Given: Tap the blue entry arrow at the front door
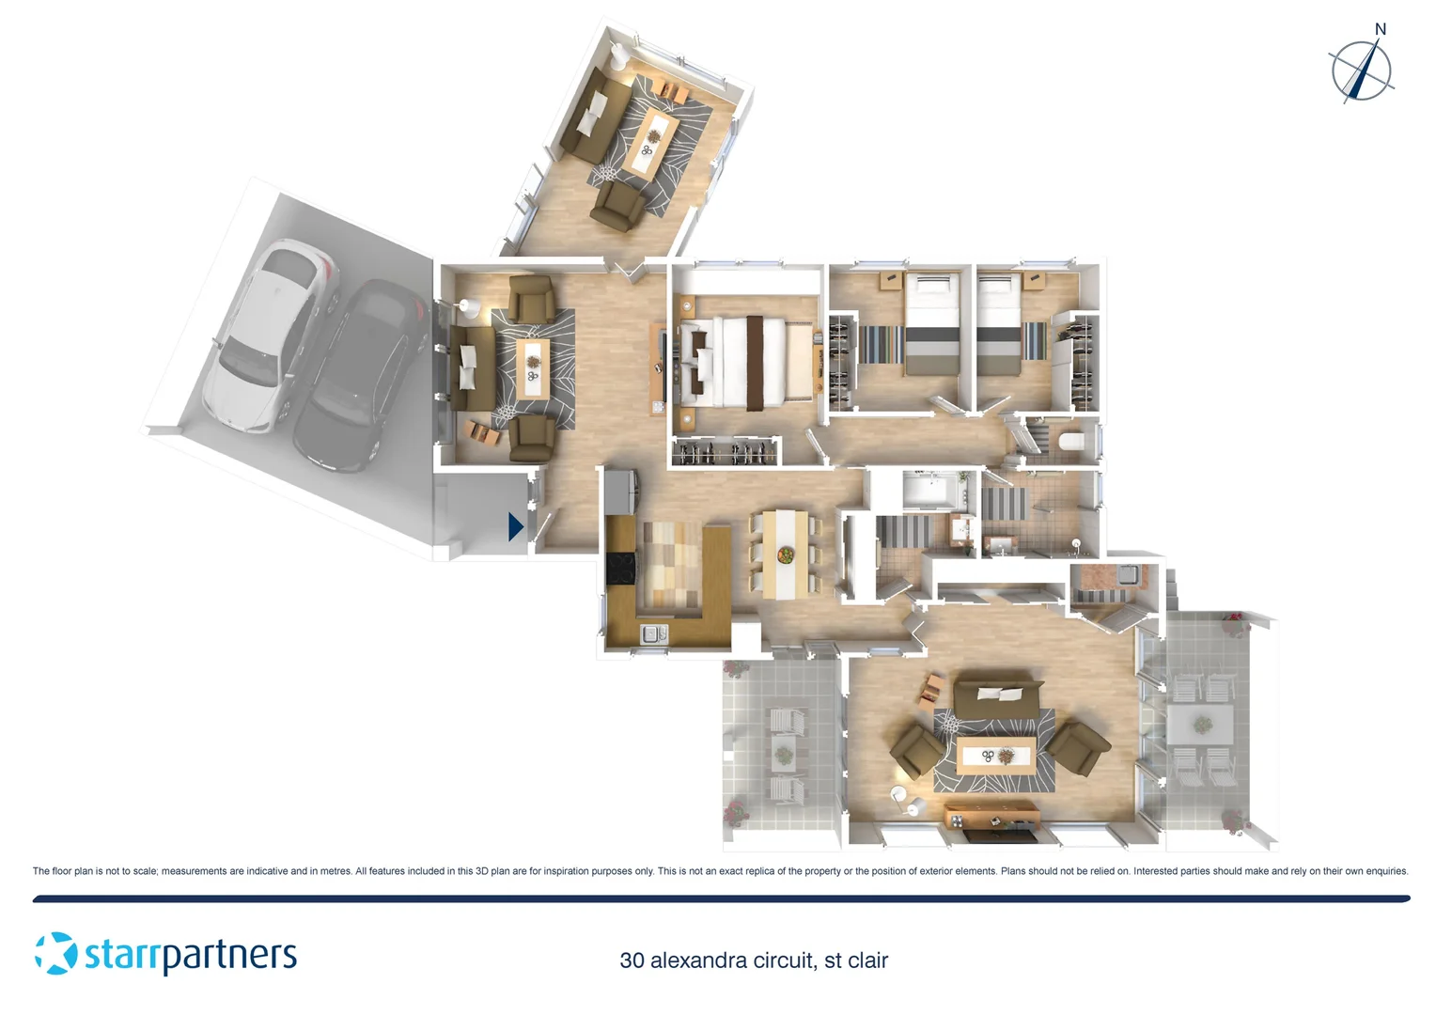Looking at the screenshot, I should pos(515,526).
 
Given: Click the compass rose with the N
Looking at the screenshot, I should pos(1361,70).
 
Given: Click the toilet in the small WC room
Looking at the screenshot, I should pos(1071,442).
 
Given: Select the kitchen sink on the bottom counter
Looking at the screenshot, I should pos(653,634).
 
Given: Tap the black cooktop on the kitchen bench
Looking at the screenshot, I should pos(621,569).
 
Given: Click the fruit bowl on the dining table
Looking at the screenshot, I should pos(785,555).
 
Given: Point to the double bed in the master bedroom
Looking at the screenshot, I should pos(742,362).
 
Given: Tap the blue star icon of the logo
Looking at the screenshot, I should pos(56,953).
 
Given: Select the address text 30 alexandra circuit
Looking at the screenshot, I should pos(754,960).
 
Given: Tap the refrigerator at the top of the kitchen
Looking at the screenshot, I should pos(621,490).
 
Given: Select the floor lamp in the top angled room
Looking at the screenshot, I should pos(619,56).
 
